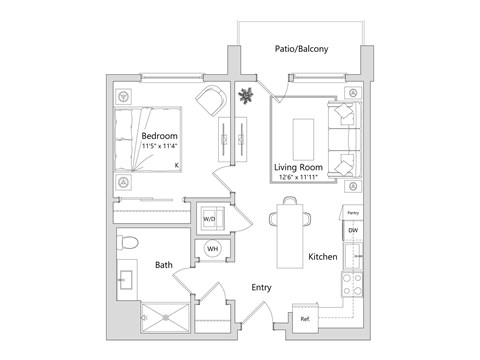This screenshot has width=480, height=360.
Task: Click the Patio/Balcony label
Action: [302, 49]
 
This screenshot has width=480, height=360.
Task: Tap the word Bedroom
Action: [160, 136]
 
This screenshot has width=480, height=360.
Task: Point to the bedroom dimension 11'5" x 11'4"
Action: [161, 148]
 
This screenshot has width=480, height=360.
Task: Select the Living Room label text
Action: [298, 167]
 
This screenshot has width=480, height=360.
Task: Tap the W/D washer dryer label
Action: [210, 217]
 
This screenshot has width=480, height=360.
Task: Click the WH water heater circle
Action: [212, 249]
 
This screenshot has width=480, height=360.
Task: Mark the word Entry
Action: [262, 287]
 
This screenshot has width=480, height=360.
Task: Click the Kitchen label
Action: [322, 257]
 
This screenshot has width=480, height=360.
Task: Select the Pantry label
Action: [351, 213]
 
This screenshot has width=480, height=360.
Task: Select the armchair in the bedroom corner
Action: [211, 99]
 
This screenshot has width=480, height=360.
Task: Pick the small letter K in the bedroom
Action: [176, 165]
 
